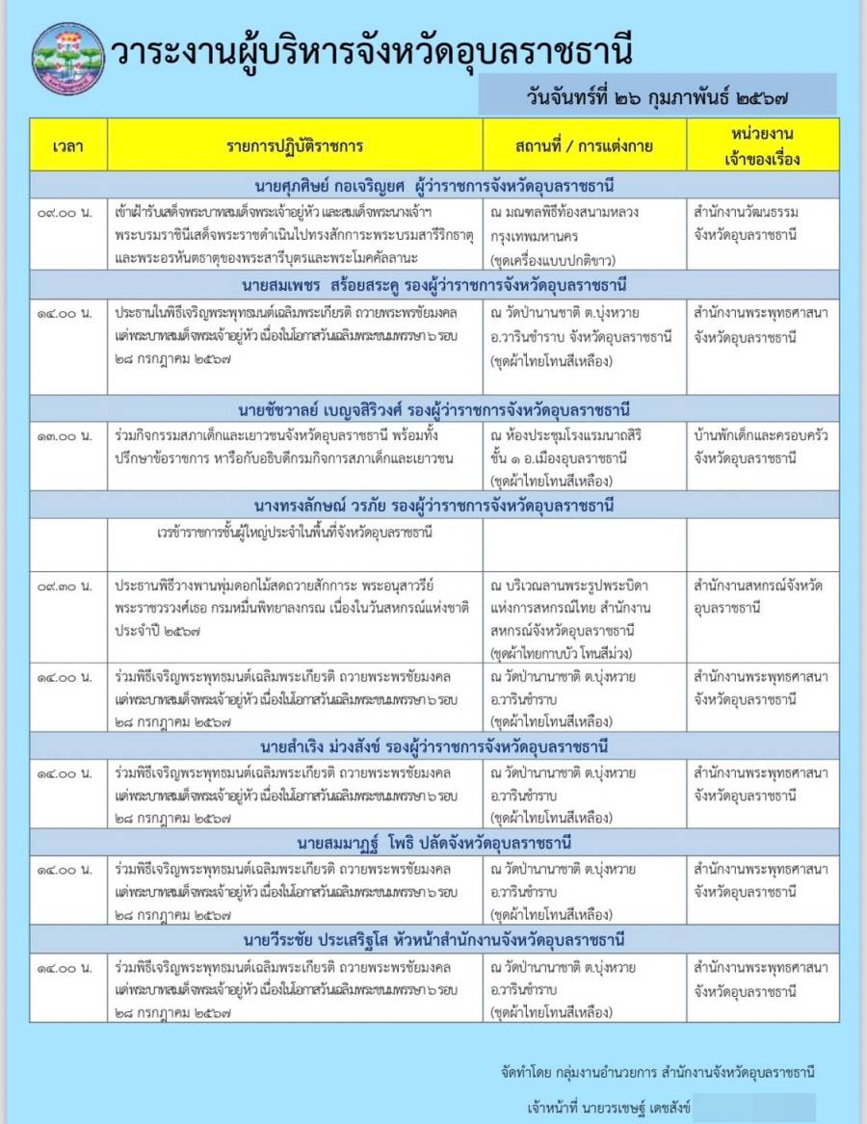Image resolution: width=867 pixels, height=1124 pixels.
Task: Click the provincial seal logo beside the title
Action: (67, 57)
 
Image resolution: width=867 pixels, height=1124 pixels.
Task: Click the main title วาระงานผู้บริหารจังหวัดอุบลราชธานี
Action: (372, 54)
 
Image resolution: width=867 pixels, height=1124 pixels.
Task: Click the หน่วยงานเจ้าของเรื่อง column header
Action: (762, 145)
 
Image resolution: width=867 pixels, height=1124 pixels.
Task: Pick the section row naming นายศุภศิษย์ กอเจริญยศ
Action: (433, 185)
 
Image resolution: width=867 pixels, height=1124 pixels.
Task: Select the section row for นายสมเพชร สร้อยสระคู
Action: (433, 286)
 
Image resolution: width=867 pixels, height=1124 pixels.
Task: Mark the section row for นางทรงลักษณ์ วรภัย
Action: (433, 506)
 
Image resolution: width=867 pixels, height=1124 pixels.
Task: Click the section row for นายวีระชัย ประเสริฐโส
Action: (433, 939)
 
